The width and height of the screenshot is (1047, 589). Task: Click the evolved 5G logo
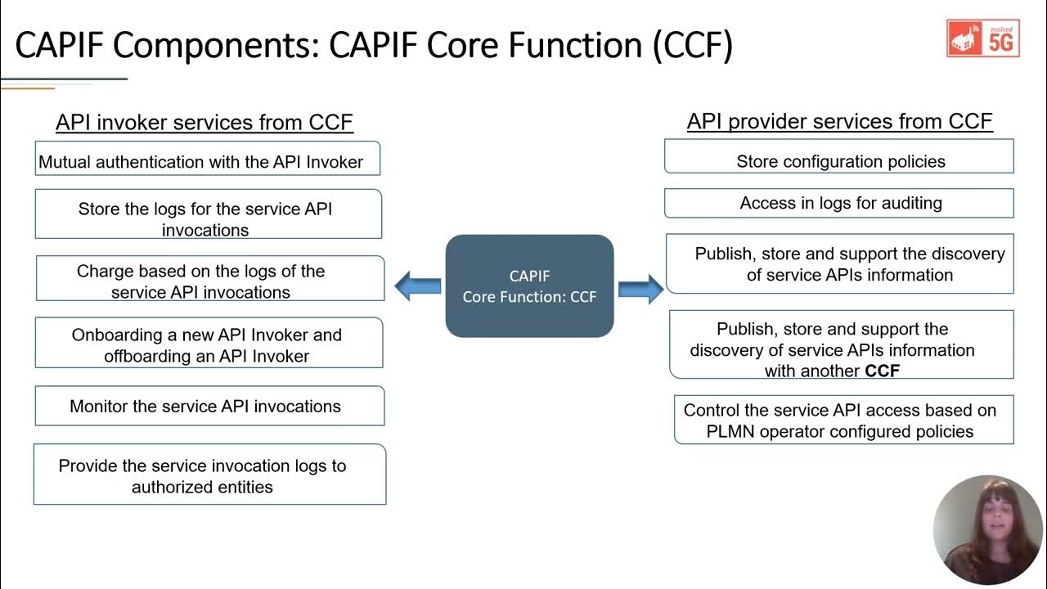(x=983, y=38)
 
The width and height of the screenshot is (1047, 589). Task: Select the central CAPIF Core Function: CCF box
(x=529, y=286)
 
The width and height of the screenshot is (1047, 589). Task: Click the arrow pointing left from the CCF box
(x=417, y=286)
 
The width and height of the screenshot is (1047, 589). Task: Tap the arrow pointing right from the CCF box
(x=640, y=289)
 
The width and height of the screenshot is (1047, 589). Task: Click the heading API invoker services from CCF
(x=204, y=123)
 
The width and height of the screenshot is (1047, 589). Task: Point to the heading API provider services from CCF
(x=839, y=122)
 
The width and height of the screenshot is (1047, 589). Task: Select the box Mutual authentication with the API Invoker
(x=208, y=159)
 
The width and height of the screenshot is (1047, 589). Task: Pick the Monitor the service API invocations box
(x=209, y=406)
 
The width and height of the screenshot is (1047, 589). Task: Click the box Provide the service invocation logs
(x=209, y=474)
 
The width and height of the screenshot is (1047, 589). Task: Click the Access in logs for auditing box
(x=839, y=203)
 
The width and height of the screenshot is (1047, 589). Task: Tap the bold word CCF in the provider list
(x=882, y=371)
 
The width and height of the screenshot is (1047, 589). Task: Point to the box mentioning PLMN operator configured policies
(x=843, y=420)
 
